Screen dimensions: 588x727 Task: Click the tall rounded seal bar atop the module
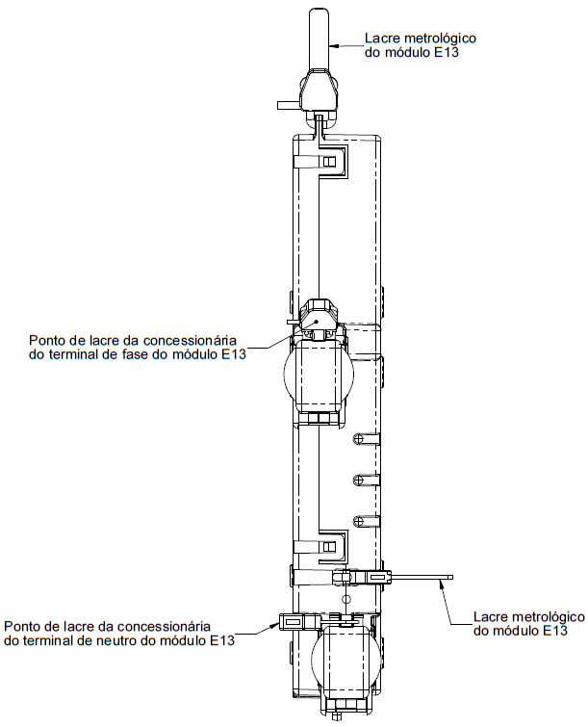320,39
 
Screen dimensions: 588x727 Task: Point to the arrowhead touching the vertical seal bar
334,45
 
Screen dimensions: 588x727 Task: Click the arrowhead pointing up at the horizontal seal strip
441,584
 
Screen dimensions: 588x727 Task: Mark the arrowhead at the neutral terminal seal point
275,626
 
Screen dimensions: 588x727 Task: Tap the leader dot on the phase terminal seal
316,321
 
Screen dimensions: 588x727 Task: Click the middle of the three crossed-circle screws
358,480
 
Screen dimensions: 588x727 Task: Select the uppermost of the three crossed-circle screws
358,438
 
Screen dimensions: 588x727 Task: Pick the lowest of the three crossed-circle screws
358,521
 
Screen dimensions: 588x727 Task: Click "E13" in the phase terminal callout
234,354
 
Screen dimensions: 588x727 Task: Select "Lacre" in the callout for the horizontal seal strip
488,617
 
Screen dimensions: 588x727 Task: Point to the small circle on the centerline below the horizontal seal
345,600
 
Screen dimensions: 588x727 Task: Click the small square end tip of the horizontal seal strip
450,577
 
